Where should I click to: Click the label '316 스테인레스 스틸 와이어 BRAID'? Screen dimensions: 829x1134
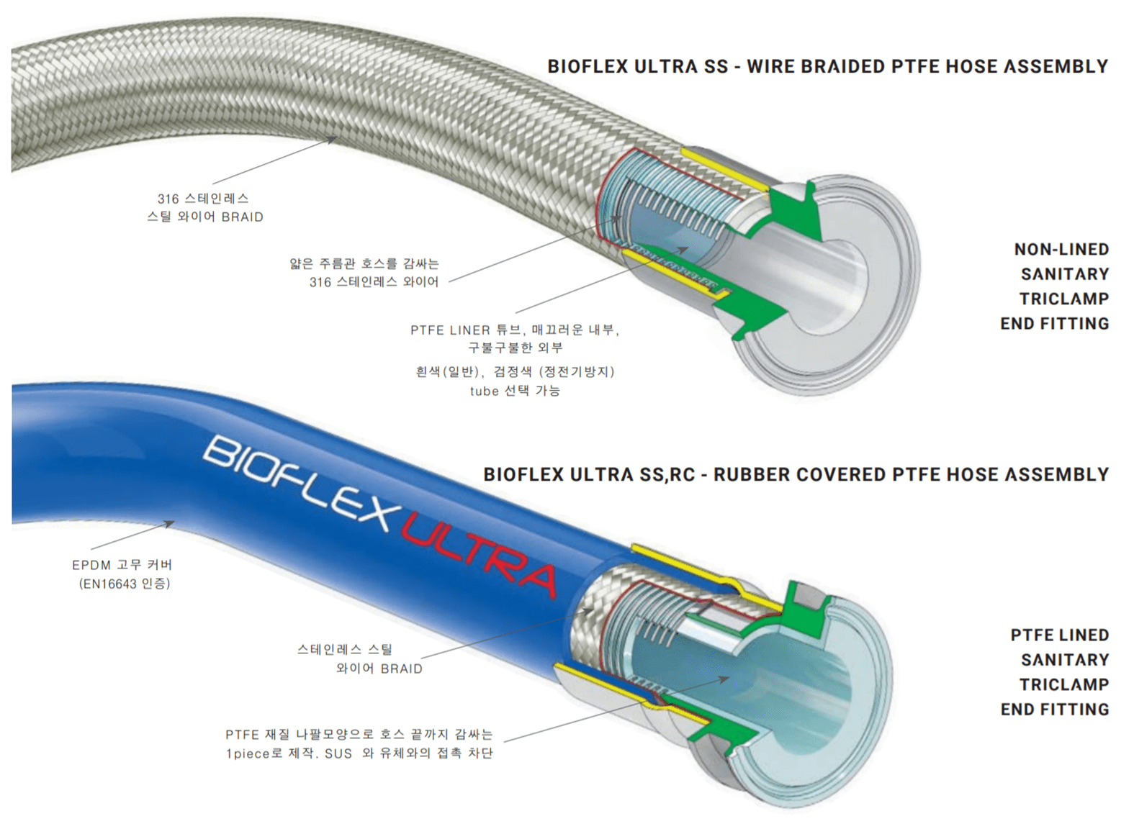point(204,207)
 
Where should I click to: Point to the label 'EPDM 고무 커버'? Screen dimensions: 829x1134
point(122,565)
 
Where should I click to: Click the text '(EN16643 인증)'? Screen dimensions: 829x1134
point(124,584)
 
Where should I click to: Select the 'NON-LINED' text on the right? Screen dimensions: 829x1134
point(1061,249)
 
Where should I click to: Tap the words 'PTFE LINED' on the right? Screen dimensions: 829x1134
point(1059,635)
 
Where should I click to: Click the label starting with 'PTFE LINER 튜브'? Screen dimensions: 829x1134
point(515,330)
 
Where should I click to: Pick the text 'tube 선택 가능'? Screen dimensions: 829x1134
point(515,391)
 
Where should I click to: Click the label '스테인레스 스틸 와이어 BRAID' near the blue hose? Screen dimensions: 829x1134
point(360,658)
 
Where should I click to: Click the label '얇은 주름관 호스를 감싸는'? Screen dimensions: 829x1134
point(364,263)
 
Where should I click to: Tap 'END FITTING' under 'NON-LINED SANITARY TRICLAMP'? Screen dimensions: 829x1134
point(1054,323)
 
